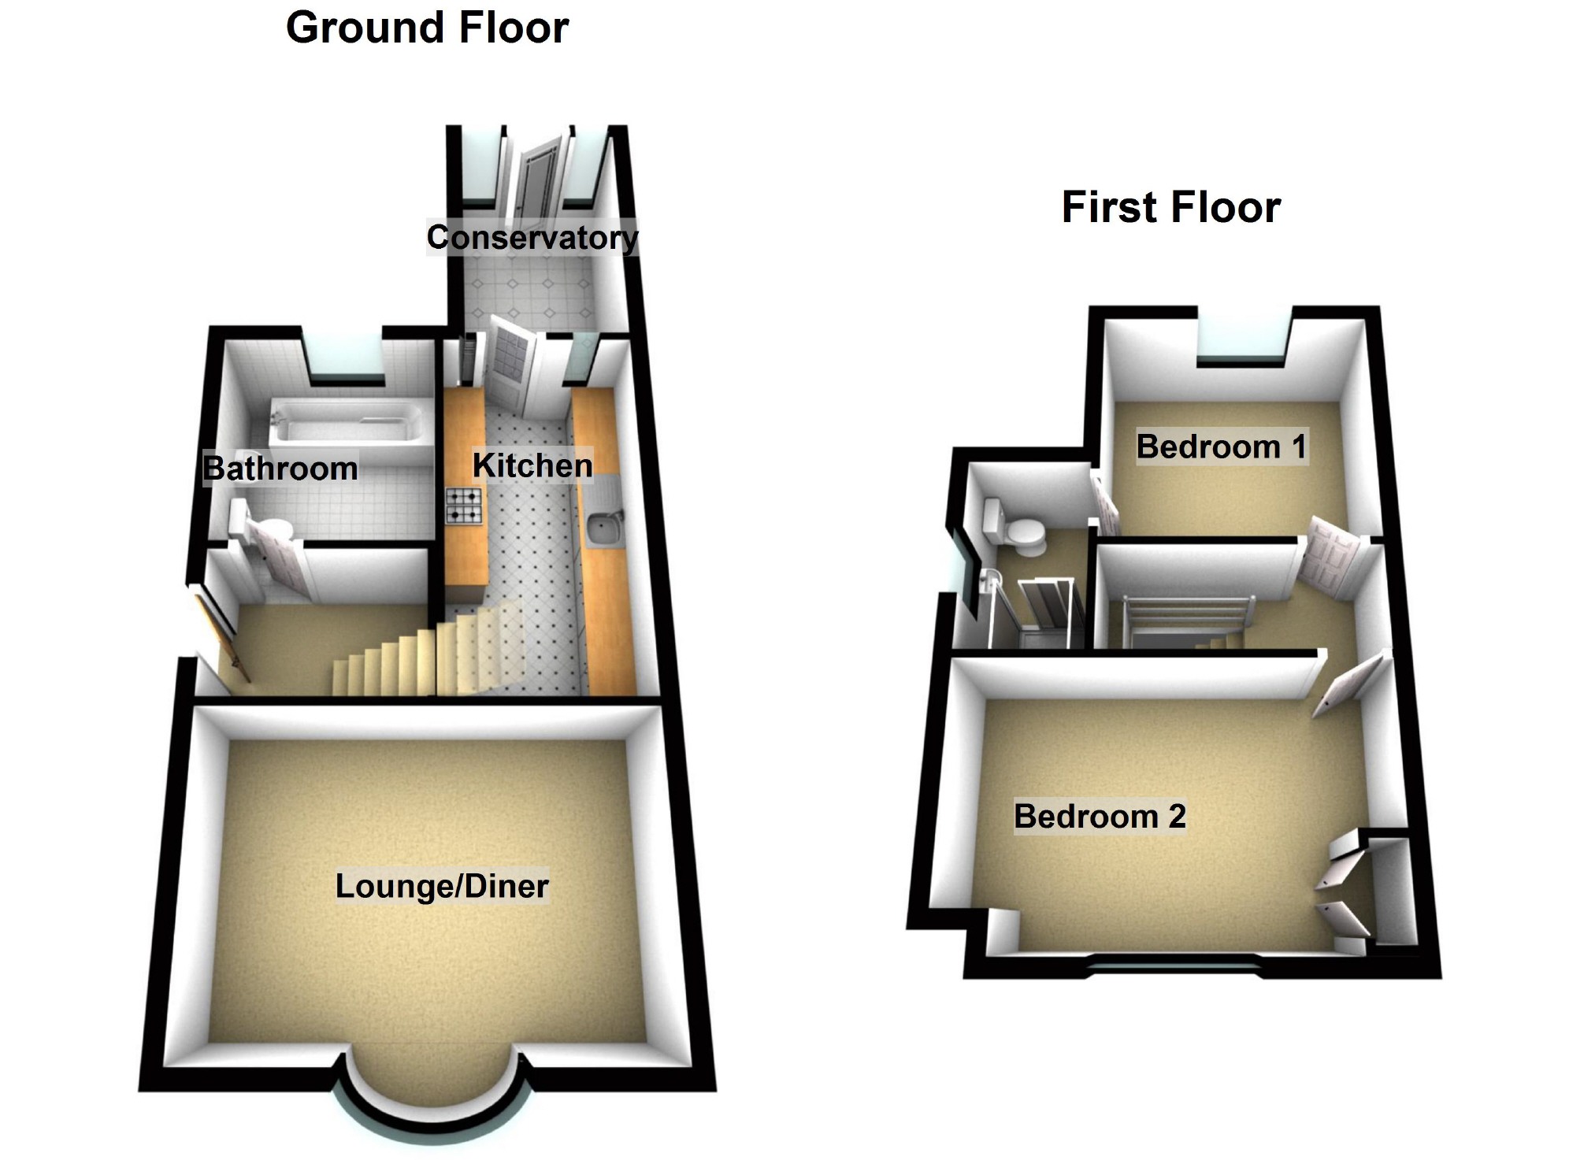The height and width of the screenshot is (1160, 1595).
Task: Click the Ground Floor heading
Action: (x=427, y=28)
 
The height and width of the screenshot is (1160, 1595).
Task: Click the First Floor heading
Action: (x=1170, y=208)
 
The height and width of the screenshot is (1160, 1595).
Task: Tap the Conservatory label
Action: (x=532, y=238)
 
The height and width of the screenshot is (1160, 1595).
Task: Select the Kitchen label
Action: (x=532, y=465)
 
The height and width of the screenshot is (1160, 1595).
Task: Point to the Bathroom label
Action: (x=280, y=469)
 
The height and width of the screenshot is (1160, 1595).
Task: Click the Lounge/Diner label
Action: (x=442, y=887)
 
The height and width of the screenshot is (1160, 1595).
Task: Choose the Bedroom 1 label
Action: (x=1222, y=447)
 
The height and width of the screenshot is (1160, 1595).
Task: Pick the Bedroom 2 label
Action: (x=1100, y=817)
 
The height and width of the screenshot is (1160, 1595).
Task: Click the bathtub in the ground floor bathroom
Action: (x=347, y=424)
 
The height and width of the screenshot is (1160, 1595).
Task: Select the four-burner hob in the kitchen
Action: (x=464, y=506)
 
